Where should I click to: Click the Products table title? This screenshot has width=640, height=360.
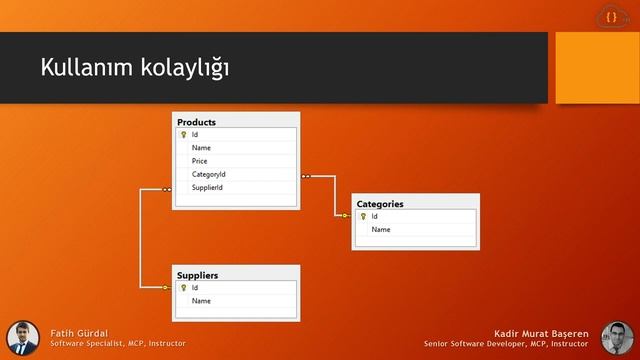(196, 122)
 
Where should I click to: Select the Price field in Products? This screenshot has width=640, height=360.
(200, 161)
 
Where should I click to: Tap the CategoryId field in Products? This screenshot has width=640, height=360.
(209, 174)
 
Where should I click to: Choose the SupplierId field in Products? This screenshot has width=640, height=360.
(207, 187)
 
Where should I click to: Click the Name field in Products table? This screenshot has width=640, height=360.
(201, 148)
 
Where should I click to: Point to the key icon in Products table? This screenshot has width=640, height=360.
(183, 135)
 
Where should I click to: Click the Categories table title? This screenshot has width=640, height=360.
(380, 204)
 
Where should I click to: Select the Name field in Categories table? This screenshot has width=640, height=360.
(381, 230)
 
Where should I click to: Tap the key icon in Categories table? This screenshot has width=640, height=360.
(363, 217)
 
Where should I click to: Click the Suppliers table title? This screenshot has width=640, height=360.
(197, 275)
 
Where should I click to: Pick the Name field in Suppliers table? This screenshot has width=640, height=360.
(201, 301)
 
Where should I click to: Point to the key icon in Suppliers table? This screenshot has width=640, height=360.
(183, 288)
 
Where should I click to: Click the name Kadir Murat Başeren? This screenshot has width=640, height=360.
(544, 332)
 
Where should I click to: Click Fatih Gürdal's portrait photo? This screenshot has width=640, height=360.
(23, 337)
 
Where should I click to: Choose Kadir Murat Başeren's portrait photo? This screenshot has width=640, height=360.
(617, 337)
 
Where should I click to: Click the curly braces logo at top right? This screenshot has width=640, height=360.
(611, 17)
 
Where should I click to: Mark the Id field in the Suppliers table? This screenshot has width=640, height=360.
(195, 288)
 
